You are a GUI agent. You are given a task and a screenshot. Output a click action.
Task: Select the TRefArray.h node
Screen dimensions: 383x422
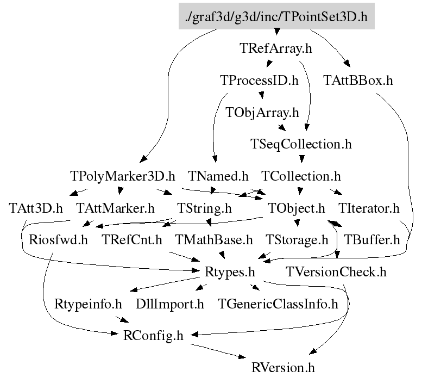click(276, 48)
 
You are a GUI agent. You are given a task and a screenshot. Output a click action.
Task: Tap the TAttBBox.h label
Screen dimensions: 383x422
click(358, 81)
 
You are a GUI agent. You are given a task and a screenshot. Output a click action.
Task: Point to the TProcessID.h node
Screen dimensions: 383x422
click(259, 81)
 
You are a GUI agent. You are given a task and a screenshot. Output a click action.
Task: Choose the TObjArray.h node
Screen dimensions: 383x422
click(262, 113)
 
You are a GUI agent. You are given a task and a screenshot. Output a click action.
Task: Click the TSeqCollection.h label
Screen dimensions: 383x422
click(301, 144)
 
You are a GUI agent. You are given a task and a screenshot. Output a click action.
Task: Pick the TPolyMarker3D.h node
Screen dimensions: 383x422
click(123, 176)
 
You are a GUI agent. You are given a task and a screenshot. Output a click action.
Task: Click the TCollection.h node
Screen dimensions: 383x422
click(301, 176)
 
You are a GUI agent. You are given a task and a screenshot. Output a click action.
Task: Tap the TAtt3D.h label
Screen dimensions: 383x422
click(36, 208)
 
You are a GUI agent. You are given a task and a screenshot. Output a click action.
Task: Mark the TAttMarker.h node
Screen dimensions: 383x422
click(115, 208)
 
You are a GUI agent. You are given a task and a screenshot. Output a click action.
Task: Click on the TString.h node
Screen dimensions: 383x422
click(205, 208)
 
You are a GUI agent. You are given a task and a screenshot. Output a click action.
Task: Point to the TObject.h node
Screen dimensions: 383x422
click(297, 208)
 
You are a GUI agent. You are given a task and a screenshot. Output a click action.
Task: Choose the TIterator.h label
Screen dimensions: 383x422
click(369, 208)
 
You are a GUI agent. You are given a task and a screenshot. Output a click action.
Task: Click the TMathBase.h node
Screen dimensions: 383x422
click(214, 240)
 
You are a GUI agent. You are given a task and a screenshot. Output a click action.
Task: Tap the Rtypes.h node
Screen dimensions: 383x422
click(230, 271)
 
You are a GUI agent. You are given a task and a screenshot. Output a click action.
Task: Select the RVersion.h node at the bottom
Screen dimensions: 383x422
click(283, 367)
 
